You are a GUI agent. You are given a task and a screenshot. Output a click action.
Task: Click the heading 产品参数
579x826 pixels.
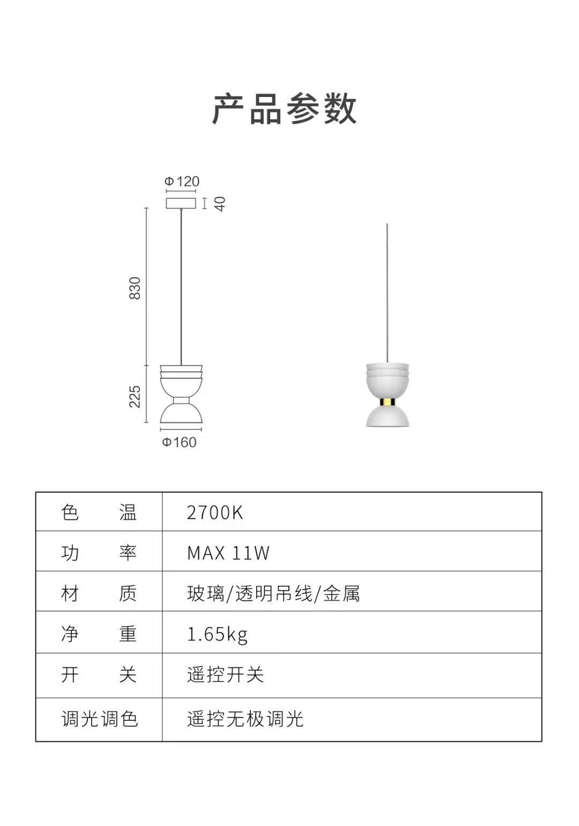(x=284, y=109)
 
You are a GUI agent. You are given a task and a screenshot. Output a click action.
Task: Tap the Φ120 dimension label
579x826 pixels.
(x=182, y=181)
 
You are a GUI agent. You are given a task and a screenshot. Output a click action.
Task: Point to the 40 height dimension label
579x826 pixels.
(x=220, y=204)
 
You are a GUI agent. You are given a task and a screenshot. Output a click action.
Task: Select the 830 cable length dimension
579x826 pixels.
(x=135, y=288)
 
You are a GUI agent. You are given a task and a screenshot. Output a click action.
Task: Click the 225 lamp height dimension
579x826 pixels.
(x=135, y=397)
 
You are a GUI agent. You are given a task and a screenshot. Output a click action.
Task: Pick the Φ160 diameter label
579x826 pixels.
(x=179, y=442)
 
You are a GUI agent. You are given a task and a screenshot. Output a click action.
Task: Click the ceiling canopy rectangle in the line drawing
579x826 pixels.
(x=181, y=203)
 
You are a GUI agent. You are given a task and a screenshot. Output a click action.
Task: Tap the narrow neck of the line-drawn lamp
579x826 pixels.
(x=181, y=400)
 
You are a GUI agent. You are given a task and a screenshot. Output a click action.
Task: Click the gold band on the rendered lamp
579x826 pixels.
(x=387, y=402)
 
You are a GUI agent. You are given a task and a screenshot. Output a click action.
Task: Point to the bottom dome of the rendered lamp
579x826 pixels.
(x=388, y=416)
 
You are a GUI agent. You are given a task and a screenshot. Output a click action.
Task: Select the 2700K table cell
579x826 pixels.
(x=214, y=512)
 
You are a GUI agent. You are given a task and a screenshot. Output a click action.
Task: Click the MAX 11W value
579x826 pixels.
(x=228, y=553)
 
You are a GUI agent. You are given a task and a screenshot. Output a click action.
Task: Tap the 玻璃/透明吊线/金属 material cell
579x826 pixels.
(x=273, y=594)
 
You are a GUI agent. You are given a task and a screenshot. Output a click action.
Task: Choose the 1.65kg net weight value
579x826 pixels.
(x=217, y=634)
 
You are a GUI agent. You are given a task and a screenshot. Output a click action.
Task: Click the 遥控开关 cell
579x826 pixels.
(x=225, y=675)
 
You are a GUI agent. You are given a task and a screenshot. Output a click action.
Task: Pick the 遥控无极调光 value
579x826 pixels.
(x=245, y=719)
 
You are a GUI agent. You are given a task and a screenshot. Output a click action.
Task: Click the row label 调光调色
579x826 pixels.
(x=100, y=719)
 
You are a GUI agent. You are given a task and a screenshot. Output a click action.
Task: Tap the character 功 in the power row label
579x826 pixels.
(x=70, y=553)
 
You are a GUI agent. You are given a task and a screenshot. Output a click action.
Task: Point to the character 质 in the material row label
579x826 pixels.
(x=128, y=594)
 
